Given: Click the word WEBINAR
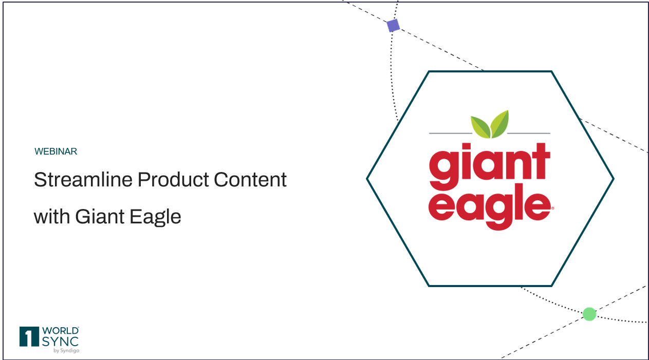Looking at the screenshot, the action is [55, 151].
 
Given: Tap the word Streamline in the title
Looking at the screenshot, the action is [83, 180].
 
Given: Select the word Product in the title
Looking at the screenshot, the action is [173, 180].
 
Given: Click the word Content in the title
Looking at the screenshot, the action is [250, 180].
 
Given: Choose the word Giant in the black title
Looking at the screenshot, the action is [100, 216].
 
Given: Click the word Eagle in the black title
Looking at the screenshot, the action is [155, 217].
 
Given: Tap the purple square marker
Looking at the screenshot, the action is [393, 25].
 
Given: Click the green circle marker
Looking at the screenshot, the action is [589, 314].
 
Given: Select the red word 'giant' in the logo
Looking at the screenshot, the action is [489, 166].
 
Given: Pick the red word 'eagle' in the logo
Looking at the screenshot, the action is [490, 207].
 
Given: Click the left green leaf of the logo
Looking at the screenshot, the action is [480, 127].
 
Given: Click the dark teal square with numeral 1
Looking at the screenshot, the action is [29, 336].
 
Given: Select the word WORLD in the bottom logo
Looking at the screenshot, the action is [60, 331].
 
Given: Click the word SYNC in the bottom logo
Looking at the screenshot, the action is [60, 342].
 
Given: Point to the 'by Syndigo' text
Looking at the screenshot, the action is [66, 350].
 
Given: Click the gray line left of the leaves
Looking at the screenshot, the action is [451, 133].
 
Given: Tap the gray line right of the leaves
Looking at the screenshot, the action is [529, 133].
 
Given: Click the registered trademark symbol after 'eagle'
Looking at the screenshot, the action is [552, 208].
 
